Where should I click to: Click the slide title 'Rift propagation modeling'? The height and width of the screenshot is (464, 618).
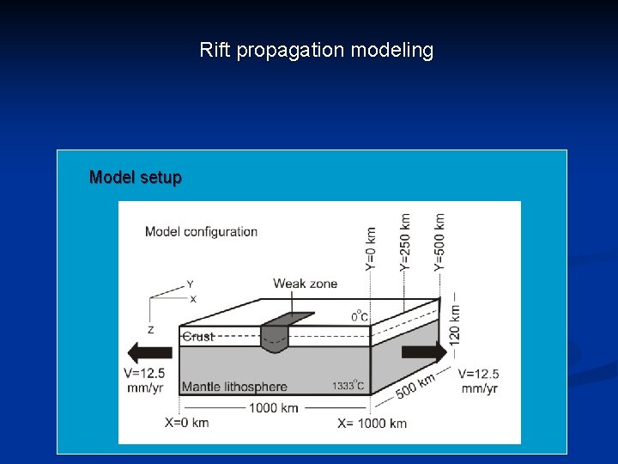317,51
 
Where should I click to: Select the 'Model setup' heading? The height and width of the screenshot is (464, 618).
136,178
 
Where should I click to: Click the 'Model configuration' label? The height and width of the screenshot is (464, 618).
201,231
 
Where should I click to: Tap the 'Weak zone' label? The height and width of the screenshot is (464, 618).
305,284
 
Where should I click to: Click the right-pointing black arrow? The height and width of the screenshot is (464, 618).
424,351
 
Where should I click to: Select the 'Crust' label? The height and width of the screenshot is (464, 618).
198,337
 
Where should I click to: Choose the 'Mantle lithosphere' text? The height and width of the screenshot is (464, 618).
234,387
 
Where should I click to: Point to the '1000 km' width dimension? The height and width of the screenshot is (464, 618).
273,407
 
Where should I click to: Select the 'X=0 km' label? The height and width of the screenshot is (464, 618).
186,423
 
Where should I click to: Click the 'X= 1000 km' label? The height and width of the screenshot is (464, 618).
372,423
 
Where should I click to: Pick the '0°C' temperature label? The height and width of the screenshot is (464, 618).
360,316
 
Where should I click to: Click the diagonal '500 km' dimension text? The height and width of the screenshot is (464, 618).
415,383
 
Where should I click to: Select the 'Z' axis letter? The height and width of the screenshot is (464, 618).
150,329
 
